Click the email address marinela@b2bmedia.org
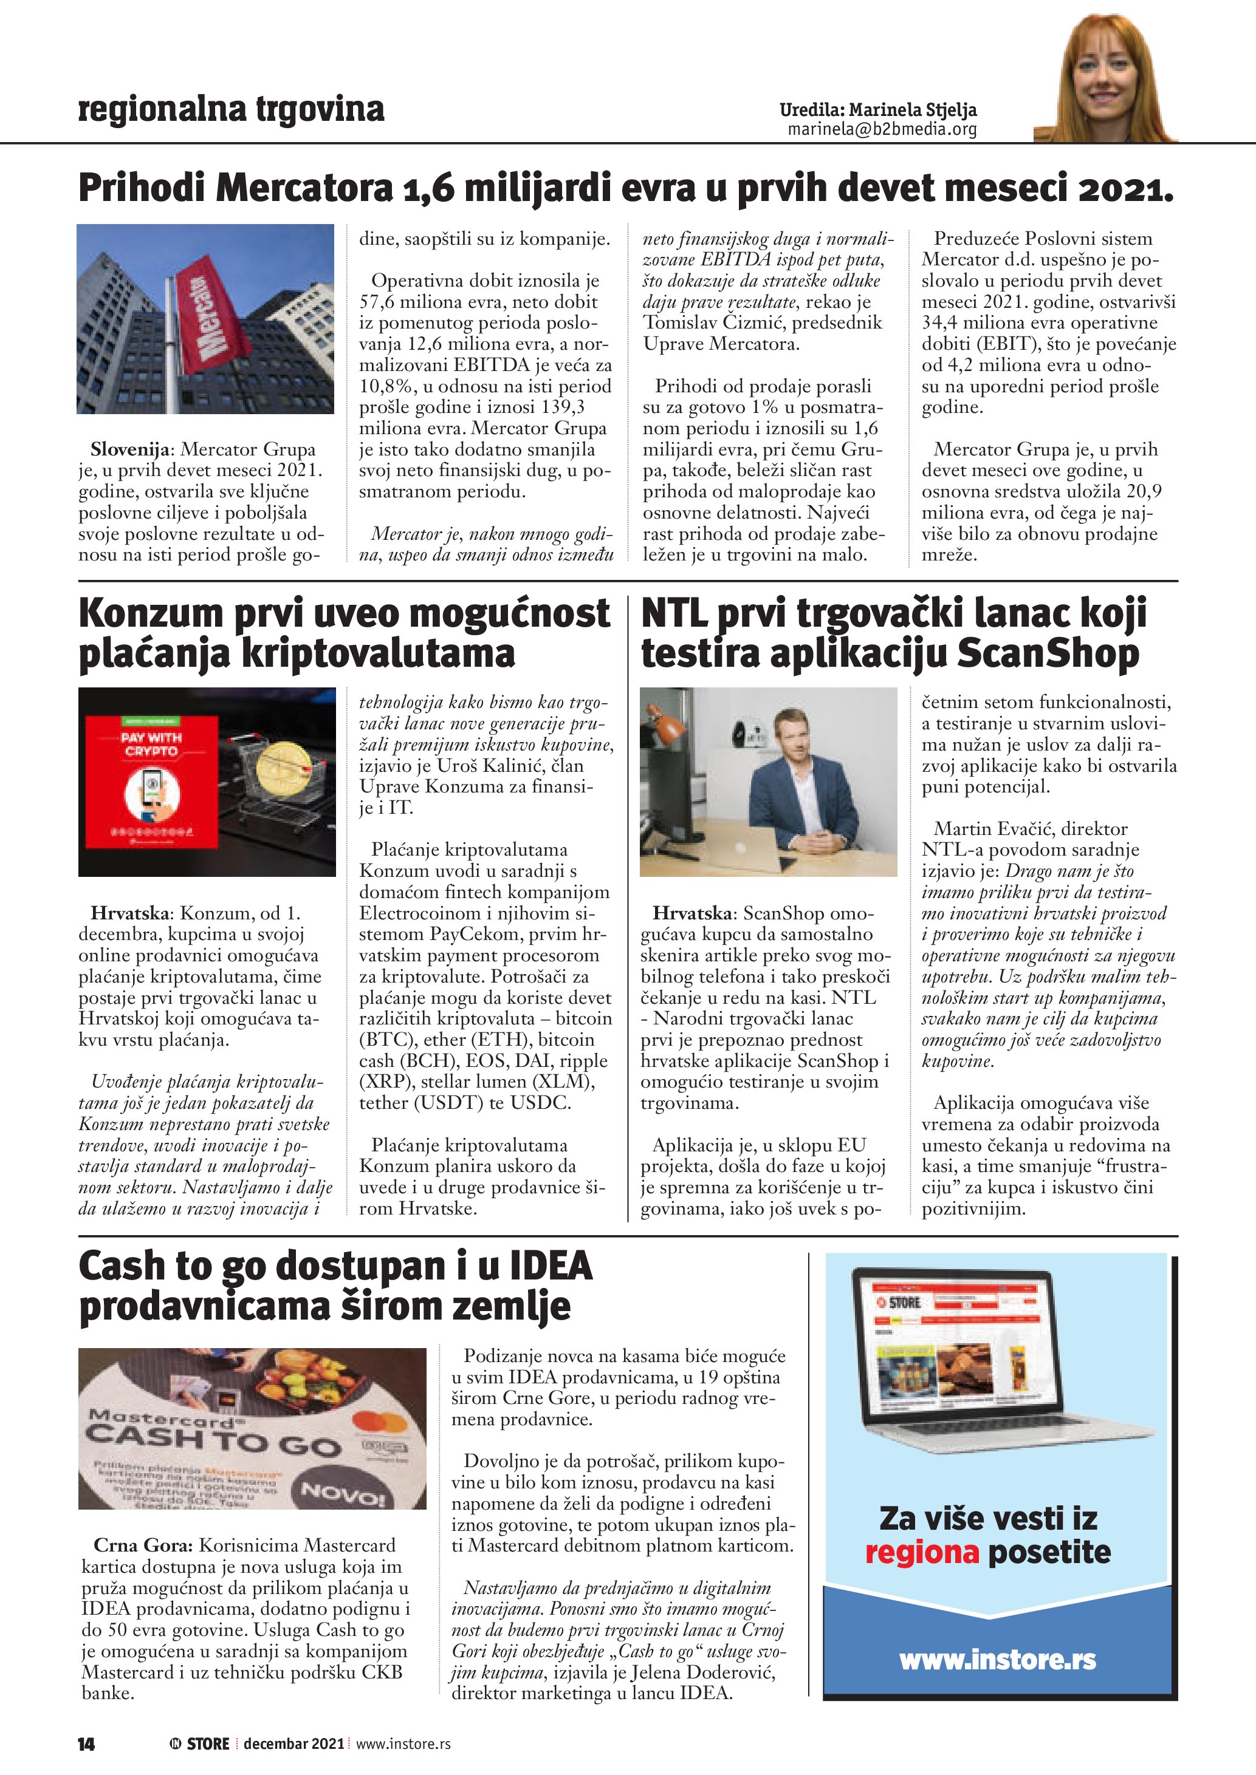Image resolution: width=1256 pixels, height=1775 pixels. (882, 129)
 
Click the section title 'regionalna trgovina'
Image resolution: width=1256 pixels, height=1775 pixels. (232, 109)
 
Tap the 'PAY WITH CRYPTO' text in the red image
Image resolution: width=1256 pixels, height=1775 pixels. (151, 744)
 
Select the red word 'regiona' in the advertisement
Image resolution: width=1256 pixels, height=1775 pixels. (922, 1552)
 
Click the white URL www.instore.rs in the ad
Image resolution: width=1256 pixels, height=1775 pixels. (997, 1659)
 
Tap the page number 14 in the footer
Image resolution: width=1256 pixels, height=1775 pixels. (86, 1743)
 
